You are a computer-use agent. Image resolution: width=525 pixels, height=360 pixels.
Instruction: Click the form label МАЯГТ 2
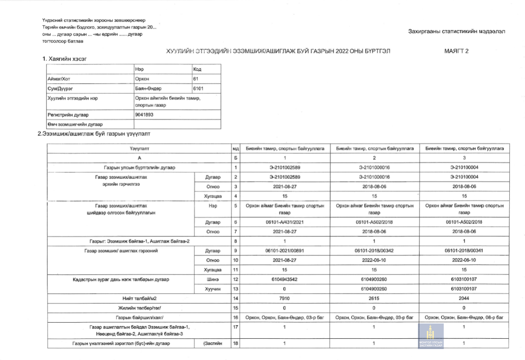tap(456, 51)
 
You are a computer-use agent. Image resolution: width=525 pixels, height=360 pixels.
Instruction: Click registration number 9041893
tap(145, 115)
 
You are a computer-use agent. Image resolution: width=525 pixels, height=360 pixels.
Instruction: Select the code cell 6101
tap(198, 88)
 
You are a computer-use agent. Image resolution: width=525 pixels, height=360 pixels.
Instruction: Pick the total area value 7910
tap(285, 299)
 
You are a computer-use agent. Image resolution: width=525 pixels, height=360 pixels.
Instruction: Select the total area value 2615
tap(375, 299)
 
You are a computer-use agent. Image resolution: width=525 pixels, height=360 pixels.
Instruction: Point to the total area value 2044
tap(464, 299)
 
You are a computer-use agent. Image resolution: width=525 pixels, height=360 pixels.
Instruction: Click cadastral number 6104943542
tap(285, 279)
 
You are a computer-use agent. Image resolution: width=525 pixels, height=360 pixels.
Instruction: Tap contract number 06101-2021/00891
tap(285, 251)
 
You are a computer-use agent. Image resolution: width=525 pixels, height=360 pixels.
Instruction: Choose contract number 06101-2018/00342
tap(375, 251)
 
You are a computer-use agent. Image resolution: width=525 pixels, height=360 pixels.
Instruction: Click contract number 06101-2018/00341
tap(464, 251)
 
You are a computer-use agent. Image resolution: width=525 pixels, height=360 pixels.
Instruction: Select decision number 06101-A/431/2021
tap(285, 222)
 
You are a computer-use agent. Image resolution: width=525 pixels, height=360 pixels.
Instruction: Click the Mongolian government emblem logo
tap(430, 336)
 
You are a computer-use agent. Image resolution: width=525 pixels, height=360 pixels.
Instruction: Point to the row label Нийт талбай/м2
tap(139, 299)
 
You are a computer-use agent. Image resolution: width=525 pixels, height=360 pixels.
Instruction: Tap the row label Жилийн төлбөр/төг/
tap(139, 308)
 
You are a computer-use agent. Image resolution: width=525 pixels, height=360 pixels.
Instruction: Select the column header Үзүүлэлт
tap(139, 148)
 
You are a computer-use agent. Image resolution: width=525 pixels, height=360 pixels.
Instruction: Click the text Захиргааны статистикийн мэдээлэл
tap(457, 31)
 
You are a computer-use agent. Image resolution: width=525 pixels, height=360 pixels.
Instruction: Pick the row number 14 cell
tap(235, 299)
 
